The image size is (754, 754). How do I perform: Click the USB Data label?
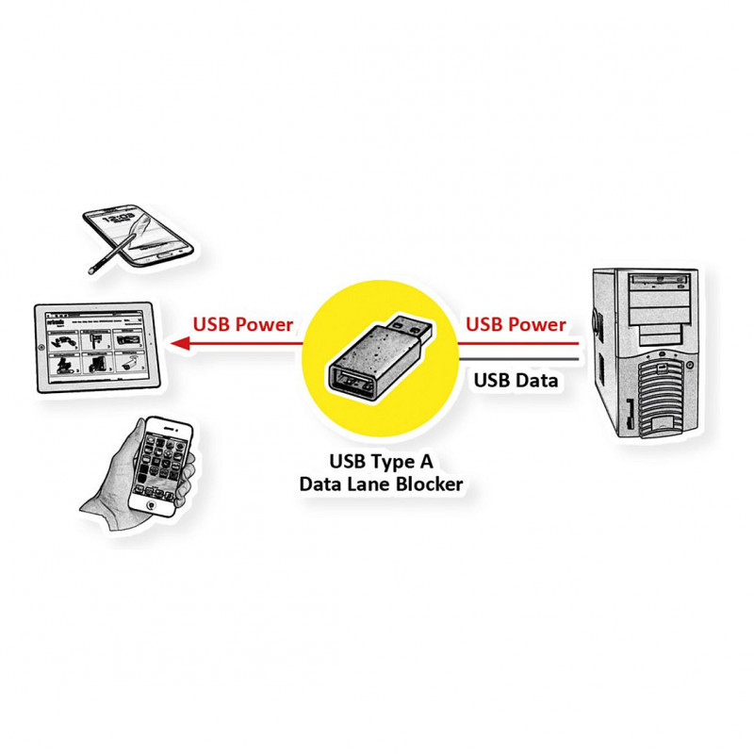[516, 381]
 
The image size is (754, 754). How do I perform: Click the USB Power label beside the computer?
[516, 325]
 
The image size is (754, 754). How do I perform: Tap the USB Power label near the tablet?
[243, 325]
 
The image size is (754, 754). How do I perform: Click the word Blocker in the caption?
[429, 484]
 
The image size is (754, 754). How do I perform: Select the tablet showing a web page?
[94, 346]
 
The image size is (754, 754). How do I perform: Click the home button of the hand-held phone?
[146, 504]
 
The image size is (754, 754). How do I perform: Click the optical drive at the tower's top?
[659, 280]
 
